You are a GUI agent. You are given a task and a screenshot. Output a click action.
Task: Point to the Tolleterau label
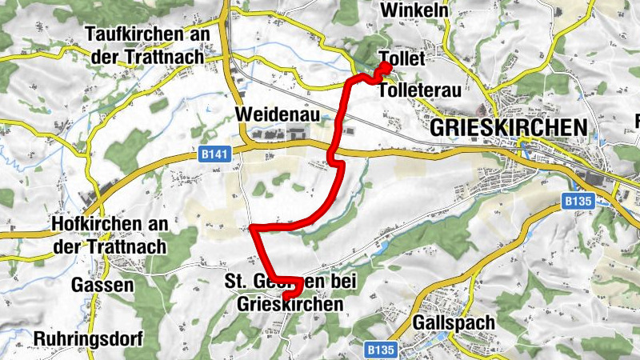[418, 90]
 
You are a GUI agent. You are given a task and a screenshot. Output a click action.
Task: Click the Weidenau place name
[278, 115]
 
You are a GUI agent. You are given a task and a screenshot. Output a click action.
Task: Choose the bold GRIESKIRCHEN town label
[508, 127]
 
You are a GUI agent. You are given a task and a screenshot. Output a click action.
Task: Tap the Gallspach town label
[454, 322]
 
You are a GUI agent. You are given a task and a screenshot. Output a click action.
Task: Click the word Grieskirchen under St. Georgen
[290, 305]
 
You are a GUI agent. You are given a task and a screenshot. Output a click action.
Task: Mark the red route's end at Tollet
[386, 67]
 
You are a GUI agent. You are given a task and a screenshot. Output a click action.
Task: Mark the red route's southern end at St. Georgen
[286, 298]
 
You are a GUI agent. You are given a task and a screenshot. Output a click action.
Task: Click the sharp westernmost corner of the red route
[254, 230]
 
